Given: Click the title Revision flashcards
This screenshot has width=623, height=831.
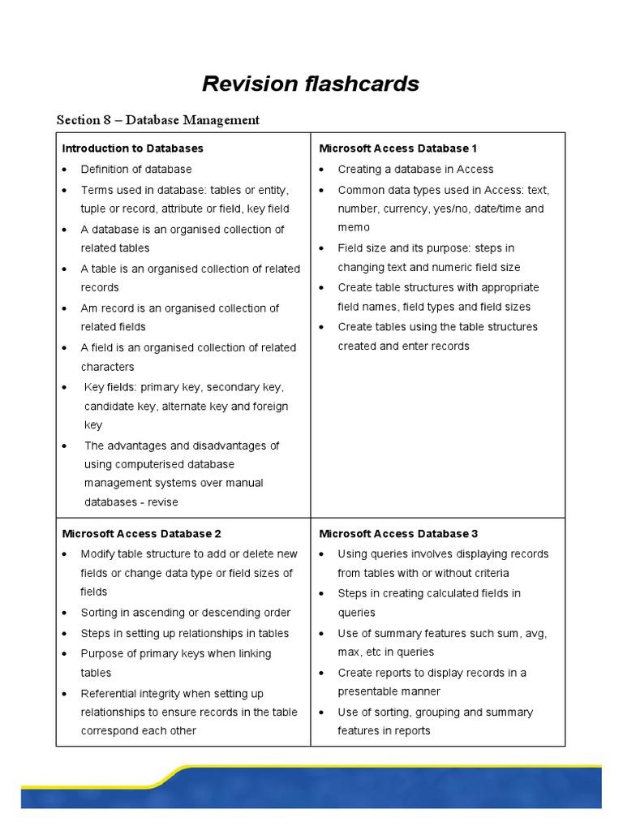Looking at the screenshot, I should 311,84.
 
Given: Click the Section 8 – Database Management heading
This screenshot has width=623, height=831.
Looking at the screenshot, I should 158,120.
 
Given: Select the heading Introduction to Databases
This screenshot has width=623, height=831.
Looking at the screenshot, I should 133,149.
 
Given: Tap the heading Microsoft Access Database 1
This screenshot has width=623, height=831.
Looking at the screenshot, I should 397,149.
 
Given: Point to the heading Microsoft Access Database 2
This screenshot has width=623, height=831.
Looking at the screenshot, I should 142,534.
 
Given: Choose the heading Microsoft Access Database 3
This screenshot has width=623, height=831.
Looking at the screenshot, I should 398,534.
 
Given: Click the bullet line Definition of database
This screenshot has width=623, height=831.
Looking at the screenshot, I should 136,170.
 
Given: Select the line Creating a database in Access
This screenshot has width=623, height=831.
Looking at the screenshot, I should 415,170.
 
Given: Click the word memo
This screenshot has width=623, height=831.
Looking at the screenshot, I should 354,228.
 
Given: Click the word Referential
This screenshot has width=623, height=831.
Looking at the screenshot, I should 111,694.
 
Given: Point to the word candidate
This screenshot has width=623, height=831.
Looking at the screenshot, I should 113,407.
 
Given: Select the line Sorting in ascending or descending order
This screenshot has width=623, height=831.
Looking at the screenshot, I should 185,613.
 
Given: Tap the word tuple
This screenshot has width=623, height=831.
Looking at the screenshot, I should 95,209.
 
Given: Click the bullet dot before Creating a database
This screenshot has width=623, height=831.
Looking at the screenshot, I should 322,170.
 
